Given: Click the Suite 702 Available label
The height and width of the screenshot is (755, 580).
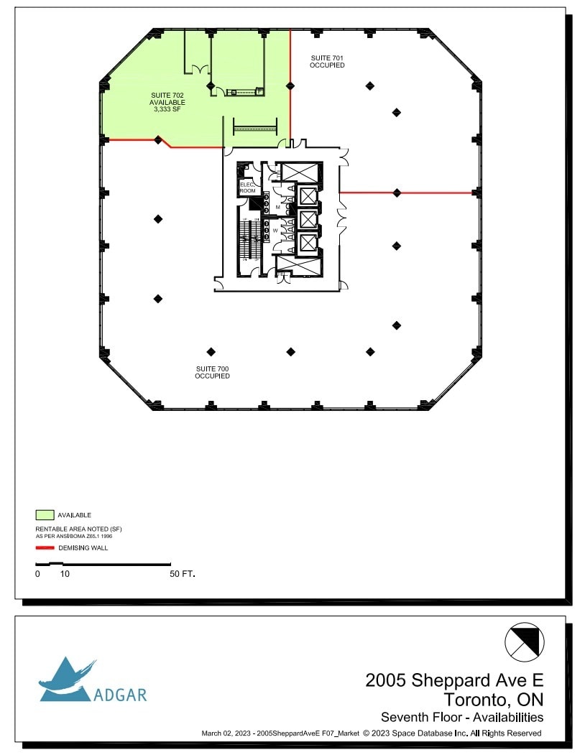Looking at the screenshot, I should [167, 98].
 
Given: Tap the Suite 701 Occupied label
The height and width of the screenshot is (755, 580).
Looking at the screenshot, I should [327, 61].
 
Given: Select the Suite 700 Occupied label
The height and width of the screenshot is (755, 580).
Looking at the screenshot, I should [212, 372].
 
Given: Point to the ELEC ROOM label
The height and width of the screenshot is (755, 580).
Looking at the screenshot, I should [248, 187].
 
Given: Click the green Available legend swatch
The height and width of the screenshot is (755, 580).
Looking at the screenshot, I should [45, 515].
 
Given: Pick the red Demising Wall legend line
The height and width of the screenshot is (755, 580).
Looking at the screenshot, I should [45, 548].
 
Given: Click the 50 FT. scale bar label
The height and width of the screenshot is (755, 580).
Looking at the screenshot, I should [183, 575].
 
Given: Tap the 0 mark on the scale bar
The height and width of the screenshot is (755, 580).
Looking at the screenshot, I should [37, 575].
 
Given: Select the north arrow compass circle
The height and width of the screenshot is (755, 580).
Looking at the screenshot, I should [525, 641].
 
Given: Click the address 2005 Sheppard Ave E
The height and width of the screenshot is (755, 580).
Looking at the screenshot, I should [454, 680].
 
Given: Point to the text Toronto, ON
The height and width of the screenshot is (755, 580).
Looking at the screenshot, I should [493, 699].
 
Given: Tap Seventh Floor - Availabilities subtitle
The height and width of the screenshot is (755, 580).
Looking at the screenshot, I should [461, 717].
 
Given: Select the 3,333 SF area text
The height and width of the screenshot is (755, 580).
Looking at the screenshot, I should [167, 110].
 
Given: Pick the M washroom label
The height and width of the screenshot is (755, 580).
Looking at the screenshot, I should [277, 207].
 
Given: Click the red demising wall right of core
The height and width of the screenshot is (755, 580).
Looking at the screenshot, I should [406, 193].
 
